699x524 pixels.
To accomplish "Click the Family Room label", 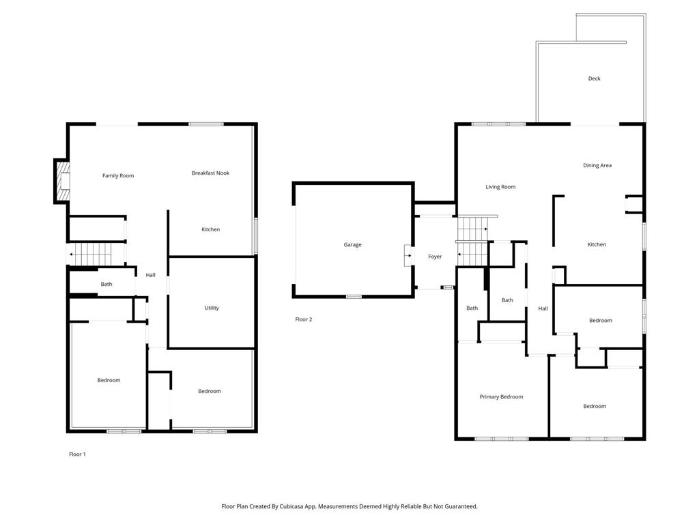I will point(118,176).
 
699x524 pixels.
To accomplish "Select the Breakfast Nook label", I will point(210,173).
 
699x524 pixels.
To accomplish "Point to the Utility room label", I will point(212,308).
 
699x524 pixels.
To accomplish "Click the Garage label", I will point(352,244).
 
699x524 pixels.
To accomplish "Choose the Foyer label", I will point(435,257).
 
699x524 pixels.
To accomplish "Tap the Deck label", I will point(594,78).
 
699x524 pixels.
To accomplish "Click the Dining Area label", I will point(597,165).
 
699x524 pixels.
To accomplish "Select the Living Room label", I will point(500,187).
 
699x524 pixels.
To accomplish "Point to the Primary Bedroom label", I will point(501,396).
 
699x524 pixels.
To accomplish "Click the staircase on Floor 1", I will point(92,254).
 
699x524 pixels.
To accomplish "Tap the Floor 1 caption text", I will point(77,454).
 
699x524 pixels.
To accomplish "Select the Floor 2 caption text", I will point(303,319).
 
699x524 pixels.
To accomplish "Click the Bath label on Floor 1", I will point(106,285).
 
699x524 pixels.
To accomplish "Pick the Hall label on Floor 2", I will point(543,308).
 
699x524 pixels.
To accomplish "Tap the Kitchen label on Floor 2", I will point(597,244).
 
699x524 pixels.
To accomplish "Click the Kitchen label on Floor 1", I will point(210,229).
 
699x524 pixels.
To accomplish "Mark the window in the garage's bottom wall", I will point(353,296).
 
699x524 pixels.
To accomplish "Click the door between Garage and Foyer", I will point(408,256).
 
